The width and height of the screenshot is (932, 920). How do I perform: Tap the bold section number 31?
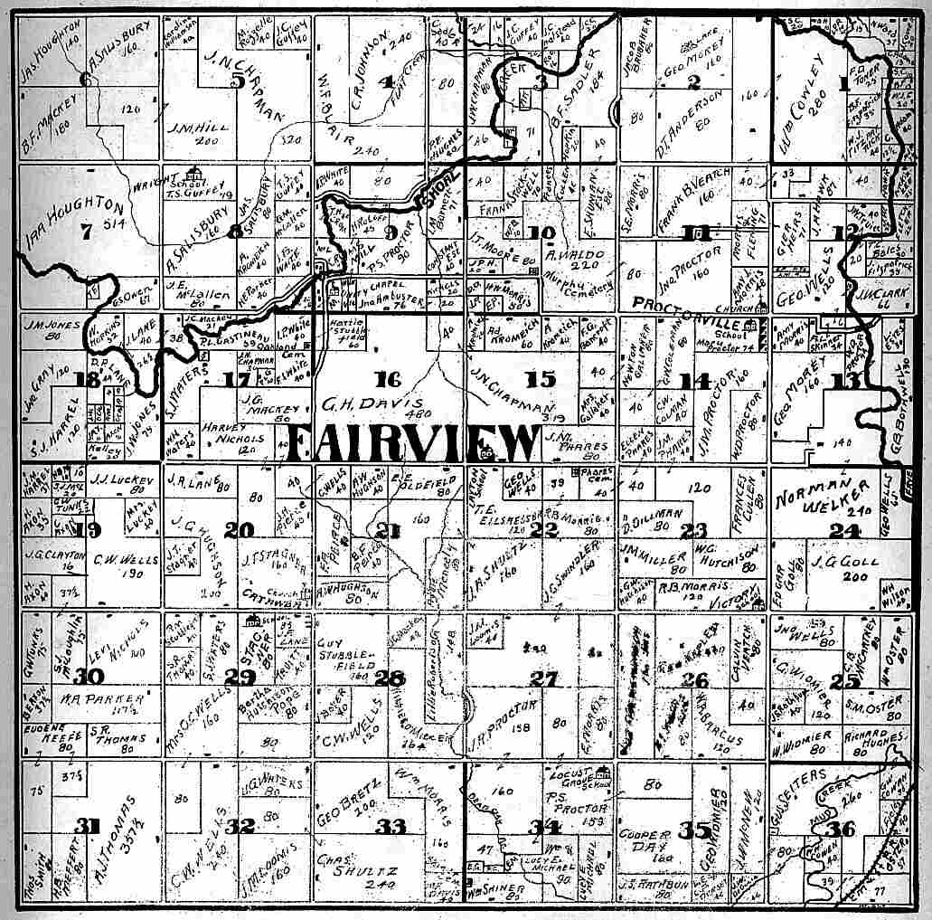pos(86,825)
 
